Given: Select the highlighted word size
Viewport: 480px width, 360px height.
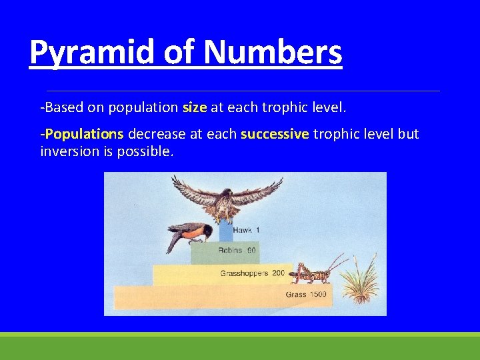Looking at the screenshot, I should coord(195,107).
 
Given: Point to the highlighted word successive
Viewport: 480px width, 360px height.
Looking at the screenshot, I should coord(275,134).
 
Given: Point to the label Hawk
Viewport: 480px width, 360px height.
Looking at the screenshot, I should coord(242,230).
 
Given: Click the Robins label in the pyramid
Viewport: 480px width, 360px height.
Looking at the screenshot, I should coord(230,251).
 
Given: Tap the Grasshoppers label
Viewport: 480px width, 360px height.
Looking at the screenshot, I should coord(244,273).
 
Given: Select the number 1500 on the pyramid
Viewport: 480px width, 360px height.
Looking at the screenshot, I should coord(318,294).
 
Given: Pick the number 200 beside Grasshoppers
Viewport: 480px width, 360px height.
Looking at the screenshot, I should coord(278,273).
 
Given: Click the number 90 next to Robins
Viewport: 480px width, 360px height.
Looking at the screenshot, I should coord(251,251).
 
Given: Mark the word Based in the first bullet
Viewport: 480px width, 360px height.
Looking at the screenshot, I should coord(61,107).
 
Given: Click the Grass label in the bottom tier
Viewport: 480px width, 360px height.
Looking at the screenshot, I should coord(296,294).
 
